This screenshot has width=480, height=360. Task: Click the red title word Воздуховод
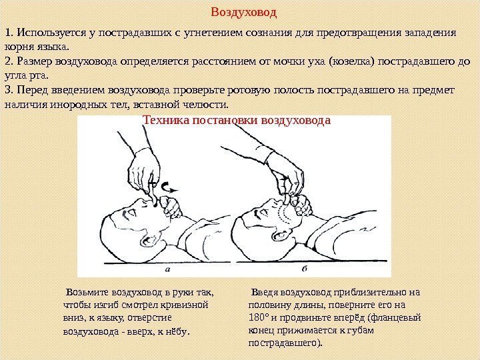click(244, 13)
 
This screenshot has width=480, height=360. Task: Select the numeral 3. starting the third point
click(9, 90)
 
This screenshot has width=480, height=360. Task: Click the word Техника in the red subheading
click(166, 120)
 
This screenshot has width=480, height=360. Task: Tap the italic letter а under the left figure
click(167, 270)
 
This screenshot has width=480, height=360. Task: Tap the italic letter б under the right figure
click(305, 269)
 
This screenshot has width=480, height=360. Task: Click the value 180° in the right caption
click(259, 317)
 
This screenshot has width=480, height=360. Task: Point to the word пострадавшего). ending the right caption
click(285, 343)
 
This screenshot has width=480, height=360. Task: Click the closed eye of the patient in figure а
click(132, 211)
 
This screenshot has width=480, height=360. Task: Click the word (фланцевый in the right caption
click(394, 317)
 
